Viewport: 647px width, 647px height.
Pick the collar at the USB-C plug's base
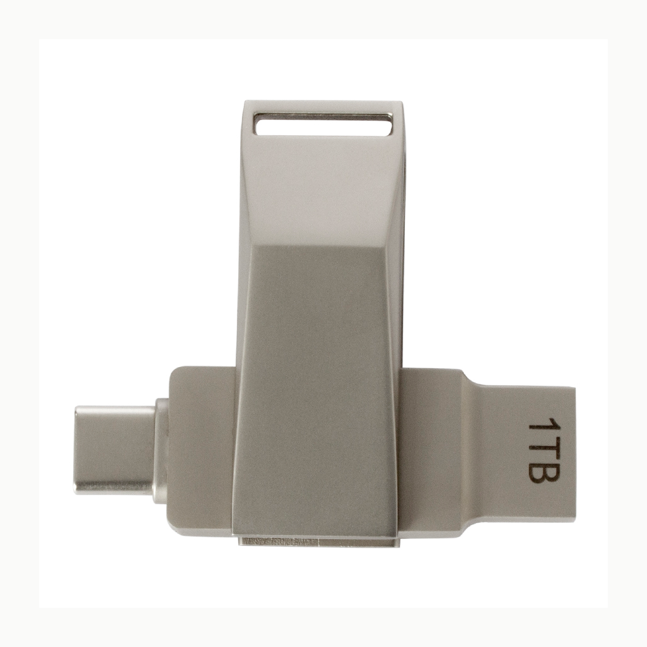pyautogui.click(x=161, y=450)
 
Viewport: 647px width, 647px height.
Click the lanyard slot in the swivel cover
pyautogui.click(x=323, y=124)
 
